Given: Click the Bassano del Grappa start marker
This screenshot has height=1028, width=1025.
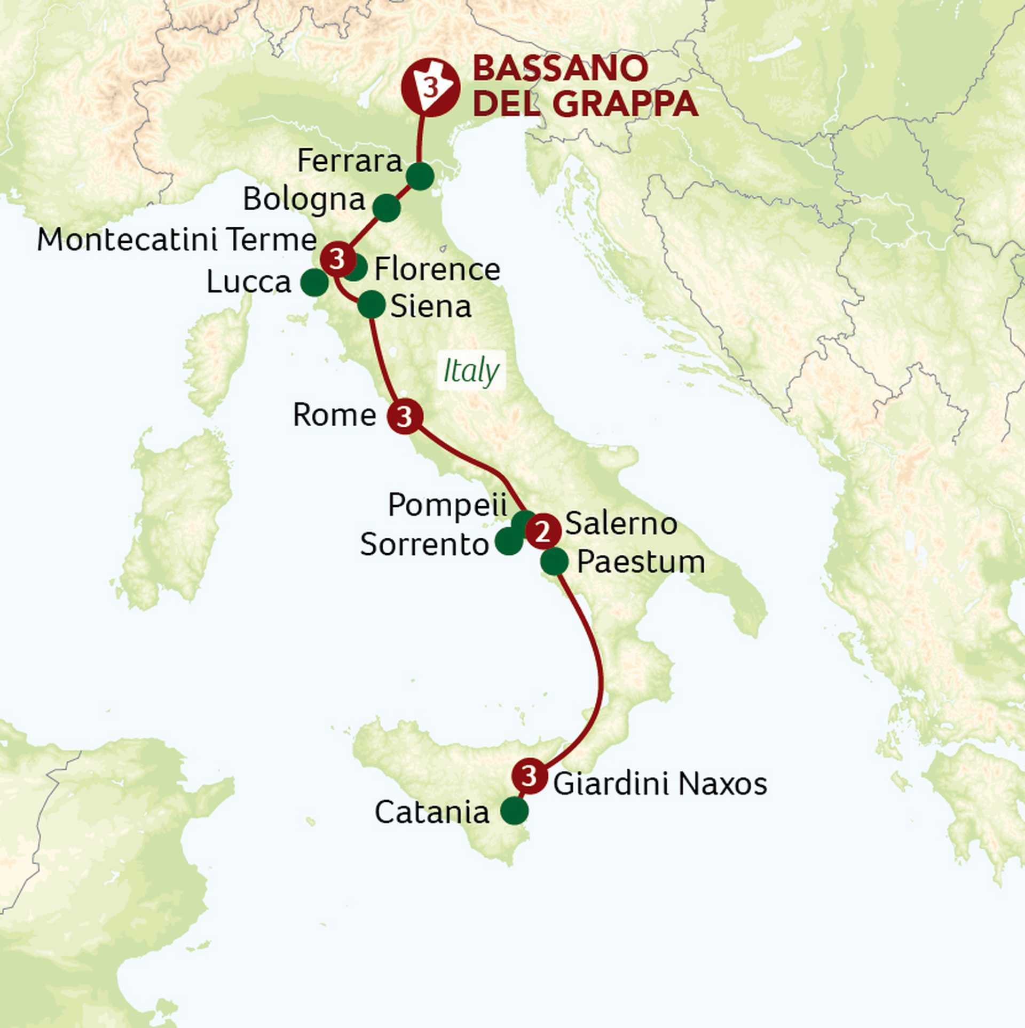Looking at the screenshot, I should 430,87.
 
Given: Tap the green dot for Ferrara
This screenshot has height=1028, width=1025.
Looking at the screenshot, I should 420,177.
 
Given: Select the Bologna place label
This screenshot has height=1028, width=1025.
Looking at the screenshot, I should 304,200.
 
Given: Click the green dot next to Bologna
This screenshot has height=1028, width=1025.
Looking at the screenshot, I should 387,208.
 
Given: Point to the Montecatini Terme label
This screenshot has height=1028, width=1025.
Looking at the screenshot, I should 177,240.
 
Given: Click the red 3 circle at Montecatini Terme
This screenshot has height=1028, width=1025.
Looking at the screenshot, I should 337,260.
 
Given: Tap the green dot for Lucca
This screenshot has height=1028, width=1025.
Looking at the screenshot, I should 314,283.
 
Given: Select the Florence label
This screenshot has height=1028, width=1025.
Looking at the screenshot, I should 437,269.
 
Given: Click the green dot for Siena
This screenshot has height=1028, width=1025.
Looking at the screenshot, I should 371,305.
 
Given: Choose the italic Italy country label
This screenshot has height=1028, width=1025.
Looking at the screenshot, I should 471,371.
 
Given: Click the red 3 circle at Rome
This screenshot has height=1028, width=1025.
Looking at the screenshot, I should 405,416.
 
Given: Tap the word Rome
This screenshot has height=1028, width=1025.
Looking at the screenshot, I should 334,415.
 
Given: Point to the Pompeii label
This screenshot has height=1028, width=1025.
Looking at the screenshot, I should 447,505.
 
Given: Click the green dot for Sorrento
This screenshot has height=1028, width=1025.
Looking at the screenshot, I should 508,541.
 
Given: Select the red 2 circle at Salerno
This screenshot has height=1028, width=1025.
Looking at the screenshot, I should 543,531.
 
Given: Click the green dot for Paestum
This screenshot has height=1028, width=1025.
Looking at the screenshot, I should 554,561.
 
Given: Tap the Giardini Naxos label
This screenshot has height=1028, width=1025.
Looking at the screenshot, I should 660,784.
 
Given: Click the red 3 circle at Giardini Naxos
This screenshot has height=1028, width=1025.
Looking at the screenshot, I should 529,776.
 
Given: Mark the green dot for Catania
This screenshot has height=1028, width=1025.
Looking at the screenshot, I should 514,811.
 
